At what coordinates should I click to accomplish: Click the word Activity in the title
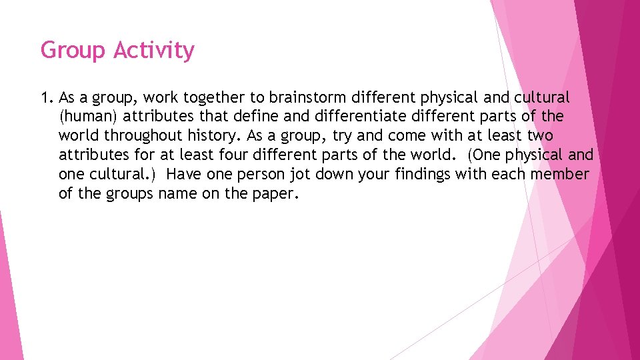click(154, 51)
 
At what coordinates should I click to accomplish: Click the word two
click(539, 136)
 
